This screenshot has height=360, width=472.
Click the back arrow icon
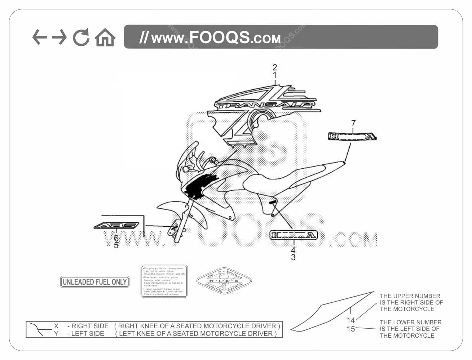coord(40,37)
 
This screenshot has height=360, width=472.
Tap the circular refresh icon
coord(81,37)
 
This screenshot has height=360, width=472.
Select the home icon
coord(105,37)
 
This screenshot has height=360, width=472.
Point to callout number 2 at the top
coord(275,67)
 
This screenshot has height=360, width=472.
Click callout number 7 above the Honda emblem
coord(353,123)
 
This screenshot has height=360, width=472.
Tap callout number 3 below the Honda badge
coord(293,257)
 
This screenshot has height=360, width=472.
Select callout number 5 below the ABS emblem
coord(116,245)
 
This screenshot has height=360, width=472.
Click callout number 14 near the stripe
coord(351,320)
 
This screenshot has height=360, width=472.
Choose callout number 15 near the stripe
coord(351,329)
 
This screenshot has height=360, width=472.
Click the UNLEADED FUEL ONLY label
coord(94,282)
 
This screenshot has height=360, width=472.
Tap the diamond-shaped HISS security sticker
coord(224,281)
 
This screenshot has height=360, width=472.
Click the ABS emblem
coord(116,226)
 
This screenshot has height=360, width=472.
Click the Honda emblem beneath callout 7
coord(352,137)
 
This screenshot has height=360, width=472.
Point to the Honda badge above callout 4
coord(294,235)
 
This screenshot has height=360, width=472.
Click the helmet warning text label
coord(164,281)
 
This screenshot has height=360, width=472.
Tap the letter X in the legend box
coord(56,326)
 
